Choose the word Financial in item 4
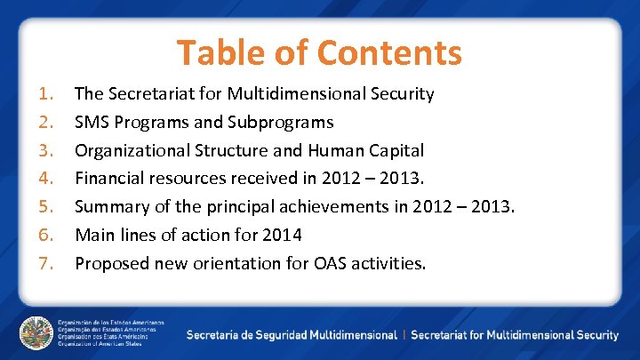(x=109, y=179)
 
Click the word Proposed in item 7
(x=111, y=264)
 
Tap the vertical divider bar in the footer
(x=404, y=335)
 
